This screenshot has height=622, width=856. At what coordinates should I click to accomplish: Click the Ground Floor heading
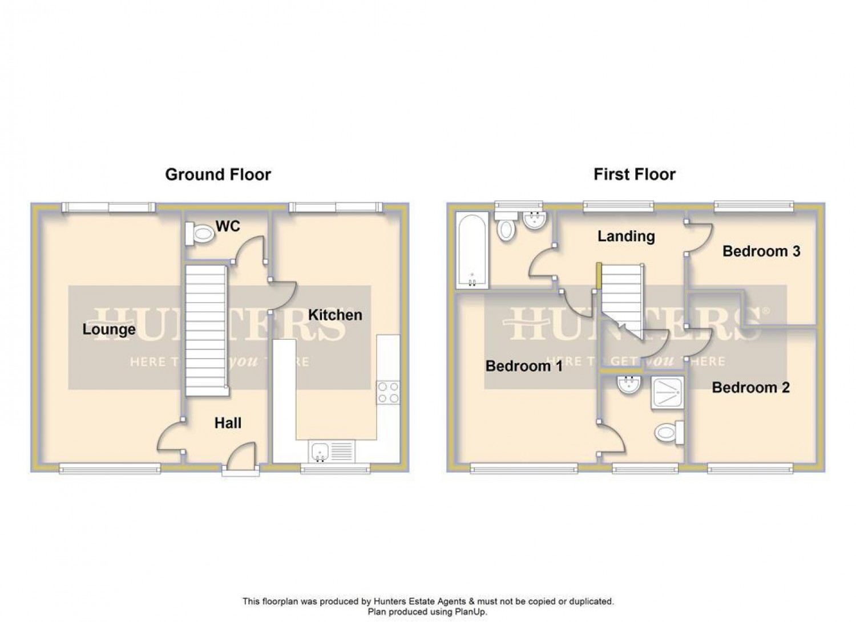click(x=218, y=174)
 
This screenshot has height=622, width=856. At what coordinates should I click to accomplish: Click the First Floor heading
click(x=634, y=174)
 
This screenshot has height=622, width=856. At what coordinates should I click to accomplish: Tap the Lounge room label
click(x=109, y=329)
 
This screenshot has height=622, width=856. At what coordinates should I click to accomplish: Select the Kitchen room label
click(x=335, y=315)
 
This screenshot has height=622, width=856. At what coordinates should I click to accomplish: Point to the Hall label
click(x=228, y=423)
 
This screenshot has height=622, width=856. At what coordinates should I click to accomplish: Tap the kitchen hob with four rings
click(x=388, y=392)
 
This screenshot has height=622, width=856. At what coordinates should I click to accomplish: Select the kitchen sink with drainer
click(x=331, y=452)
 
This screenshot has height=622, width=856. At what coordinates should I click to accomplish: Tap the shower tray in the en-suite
click(x=666, y=393)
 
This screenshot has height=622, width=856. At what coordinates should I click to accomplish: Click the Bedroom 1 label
click(x=524, y=366)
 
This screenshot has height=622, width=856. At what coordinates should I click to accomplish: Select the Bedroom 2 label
click(x=750, y=388)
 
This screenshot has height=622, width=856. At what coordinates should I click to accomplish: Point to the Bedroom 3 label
click(x=761, y=251)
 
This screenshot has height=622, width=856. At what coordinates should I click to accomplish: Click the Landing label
click(x=626, y=236)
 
